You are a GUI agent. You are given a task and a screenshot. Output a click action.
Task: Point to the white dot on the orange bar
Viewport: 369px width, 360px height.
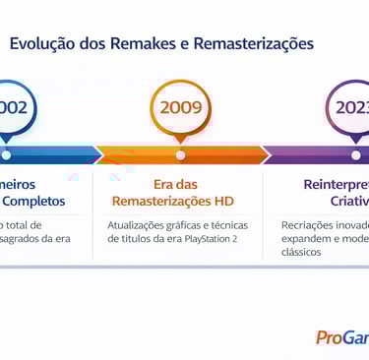pos(179,154)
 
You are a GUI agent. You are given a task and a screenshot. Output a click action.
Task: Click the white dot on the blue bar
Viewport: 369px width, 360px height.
pos(6,154)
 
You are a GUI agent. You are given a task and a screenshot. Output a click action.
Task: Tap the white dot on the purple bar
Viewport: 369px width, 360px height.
pos(355,154)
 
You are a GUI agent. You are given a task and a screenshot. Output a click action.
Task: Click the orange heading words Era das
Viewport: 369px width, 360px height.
pos(178,184)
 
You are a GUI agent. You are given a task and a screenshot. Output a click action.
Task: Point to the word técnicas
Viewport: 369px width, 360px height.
pos(227,225)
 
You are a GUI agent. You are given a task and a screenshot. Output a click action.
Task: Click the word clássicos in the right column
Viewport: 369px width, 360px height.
pos(302,252)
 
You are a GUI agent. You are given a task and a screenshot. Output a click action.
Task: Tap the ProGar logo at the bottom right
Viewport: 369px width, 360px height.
pos(341,337)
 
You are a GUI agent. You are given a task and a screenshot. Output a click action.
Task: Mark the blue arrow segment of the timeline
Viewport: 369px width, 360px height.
pos(49,154)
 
